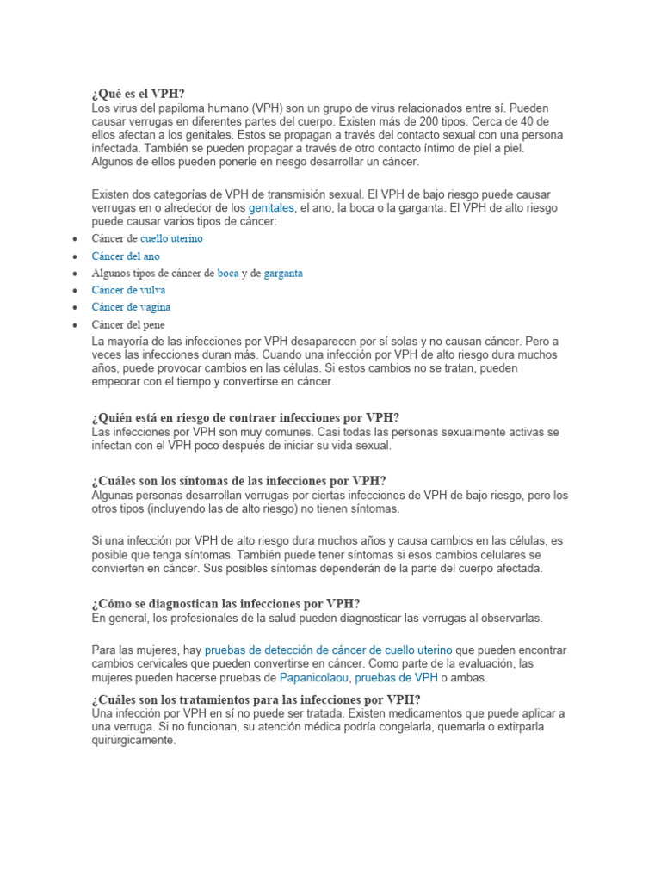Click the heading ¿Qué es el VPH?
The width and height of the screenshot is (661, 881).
138,94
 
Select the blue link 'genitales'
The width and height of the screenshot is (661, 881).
270,208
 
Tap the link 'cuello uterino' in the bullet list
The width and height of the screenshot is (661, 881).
171,238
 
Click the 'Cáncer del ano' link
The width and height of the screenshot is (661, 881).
126,256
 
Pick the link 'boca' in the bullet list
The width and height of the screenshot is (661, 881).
228,273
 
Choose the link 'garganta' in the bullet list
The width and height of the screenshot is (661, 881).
283,273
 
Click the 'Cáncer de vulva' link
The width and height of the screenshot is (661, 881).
129,290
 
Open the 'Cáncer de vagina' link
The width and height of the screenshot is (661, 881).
131,307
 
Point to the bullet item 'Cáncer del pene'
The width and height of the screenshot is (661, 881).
128,324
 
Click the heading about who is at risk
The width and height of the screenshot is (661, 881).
245,417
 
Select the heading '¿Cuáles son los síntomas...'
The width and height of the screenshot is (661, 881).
238,481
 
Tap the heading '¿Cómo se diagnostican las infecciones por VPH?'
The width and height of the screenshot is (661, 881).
225,604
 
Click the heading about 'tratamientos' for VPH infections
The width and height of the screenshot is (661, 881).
256,699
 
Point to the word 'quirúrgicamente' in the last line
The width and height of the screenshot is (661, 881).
133,741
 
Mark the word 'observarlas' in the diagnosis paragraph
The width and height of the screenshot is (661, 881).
514,618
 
